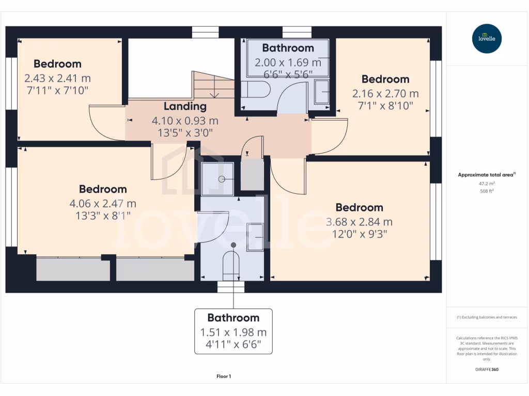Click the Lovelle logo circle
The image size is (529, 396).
pos(487,39)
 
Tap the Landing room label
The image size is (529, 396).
pos(185,107)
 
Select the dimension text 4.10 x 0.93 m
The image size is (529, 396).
pos(185,121)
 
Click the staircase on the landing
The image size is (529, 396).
pos(213,85)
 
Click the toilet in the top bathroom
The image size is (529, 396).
pos(256,89)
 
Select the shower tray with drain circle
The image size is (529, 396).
pos(217,179)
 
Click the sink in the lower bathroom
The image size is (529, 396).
pos(255,237)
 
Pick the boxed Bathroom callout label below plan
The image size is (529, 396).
pos(233,318)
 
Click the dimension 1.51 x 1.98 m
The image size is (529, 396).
pos(233,333)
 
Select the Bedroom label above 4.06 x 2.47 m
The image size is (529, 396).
pos(103,189)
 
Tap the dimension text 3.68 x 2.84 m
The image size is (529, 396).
pos(359,222)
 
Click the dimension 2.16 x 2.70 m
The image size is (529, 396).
pos(385,94)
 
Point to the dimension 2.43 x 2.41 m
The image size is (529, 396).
pos(57,78)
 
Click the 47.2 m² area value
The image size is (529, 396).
pos(487,183)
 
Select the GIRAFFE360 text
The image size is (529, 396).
pos(487,370)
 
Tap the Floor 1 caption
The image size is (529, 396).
pos(224,376)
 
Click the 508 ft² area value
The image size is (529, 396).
pos(487,191)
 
